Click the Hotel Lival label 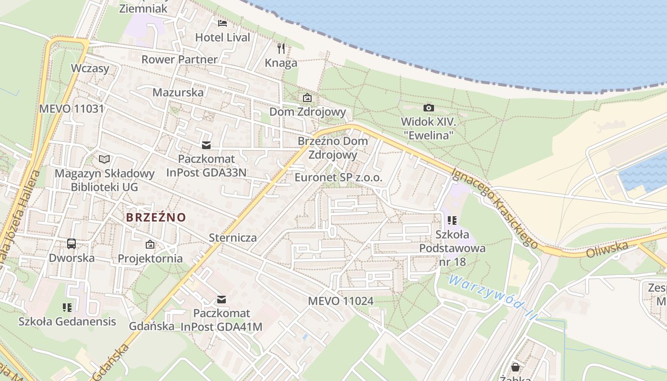pos(222,37)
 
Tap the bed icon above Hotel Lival pos(222,23)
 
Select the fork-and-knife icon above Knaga pos(281,48)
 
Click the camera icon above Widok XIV pos(428,108)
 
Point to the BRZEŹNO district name pos(156,217)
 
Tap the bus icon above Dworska pos(71,244)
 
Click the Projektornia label pos(150,258)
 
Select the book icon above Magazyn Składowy pos(104,159)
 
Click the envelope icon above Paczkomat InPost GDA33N pos(206,145)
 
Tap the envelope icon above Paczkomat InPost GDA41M pos(221,300)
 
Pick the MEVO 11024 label pos(341,301)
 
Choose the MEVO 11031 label pos(71,108)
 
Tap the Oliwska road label pos(607,249)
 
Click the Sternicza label pos(232,237)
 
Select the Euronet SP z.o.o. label pos(338,178)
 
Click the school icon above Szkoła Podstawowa pos(452,221)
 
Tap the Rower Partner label pos(180,60)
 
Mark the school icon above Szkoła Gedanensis pos(67,307)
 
